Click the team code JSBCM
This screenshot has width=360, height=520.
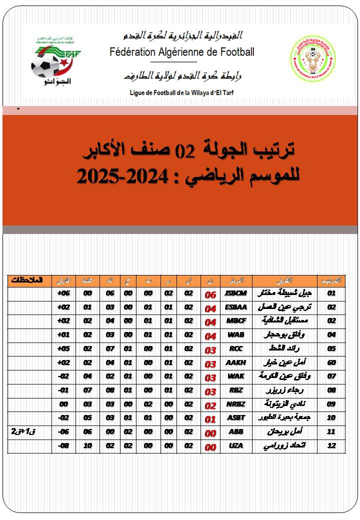click(236, 293)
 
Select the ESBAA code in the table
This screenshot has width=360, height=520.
click(236, 307)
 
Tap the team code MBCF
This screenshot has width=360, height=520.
click(236, 321)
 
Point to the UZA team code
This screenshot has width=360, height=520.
click(236, 446)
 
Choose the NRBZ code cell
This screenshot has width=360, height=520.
click(236, 404)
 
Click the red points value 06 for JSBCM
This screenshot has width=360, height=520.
click(210, 294)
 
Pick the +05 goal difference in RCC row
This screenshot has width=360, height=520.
click(63, 348)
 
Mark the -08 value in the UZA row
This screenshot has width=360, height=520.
click(63, 446)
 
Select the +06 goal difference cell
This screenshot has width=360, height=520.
click(63, 293)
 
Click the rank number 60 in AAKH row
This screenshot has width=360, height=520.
click(331, 362)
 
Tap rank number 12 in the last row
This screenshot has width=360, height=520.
click(331, 446)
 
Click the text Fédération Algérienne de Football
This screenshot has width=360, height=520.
click(182, 52)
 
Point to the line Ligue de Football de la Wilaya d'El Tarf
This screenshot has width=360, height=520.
click(181, 92)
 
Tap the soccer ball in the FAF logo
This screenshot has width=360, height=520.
click(45, 65)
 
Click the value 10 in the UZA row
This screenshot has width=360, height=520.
click(88, 446)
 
